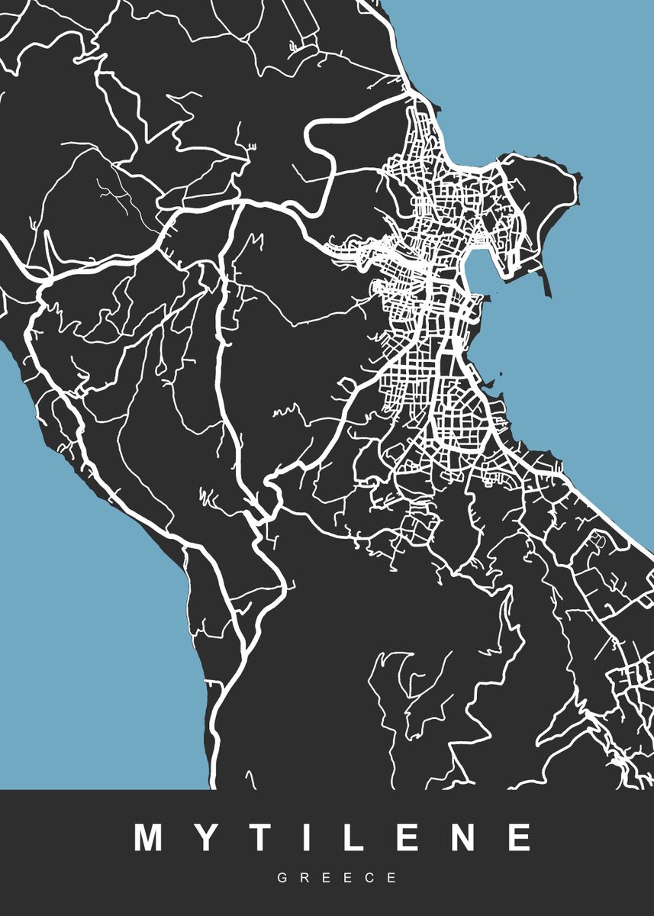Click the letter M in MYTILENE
[151, 837]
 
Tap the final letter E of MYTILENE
[520, 837]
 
